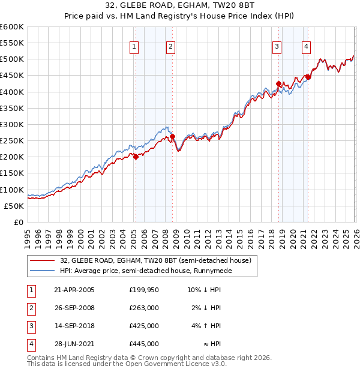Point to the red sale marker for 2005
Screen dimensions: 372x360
coord(136,157)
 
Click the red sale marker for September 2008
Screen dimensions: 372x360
coord(172,137)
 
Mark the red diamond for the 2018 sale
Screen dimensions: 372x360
coord(278,84)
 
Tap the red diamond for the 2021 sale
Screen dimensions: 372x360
coord(308,77)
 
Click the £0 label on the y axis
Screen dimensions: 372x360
coord(18,222)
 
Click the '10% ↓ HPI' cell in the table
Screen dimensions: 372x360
coord(205,290)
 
